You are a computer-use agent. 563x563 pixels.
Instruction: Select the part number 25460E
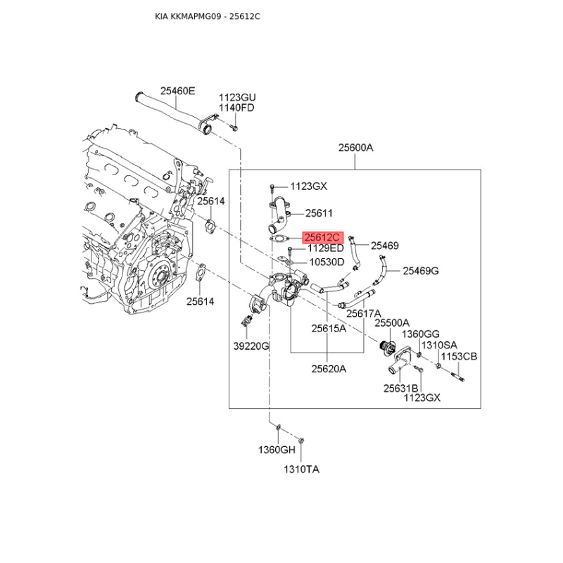177,91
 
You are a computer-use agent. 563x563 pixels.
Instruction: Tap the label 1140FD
236,108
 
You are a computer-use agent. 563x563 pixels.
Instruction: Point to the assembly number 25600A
355,148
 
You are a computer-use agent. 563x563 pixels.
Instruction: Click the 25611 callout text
319,213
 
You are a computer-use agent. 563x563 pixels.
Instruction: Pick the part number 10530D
327,262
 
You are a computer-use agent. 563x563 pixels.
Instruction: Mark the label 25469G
421,270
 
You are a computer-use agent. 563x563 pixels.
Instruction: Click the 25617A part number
363,313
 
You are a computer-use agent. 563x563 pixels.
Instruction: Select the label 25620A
329,368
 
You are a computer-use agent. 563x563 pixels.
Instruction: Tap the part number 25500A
392,323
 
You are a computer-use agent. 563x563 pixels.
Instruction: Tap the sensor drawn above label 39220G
246,322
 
